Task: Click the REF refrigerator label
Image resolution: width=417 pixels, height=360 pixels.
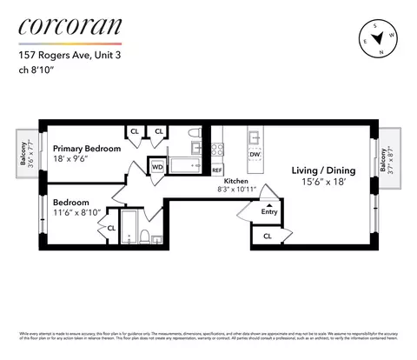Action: pyautogui.click(x=216, y=170)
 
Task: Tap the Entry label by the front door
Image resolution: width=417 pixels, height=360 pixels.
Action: pyautogui.click(x=269, y=211)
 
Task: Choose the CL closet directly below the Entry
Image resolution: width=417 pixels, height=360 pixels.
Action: pyautogui.click(x=267, y=235)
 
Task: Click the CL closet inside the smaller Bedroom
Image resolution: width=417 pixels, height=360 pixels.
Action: pyautogui.click(x=111, y=229)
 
